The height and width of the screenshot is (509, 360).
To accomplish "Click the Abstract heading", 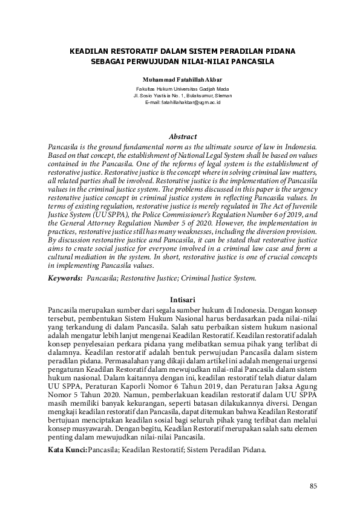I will click(182, 137).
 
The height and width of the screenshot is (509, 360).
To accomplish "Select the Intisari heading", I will click(182, 299).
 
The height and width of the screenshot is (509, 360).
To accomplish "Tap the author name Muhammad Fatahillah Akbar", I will click(182, 80).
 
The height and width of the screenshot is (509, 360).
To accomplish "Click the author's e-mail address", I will click(182, 103).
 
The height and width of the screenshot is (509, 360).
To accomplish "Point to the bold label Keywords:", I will click(65, 279).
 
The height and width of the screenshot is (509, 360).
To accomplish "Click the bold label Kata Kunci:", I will click(68, 450).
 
